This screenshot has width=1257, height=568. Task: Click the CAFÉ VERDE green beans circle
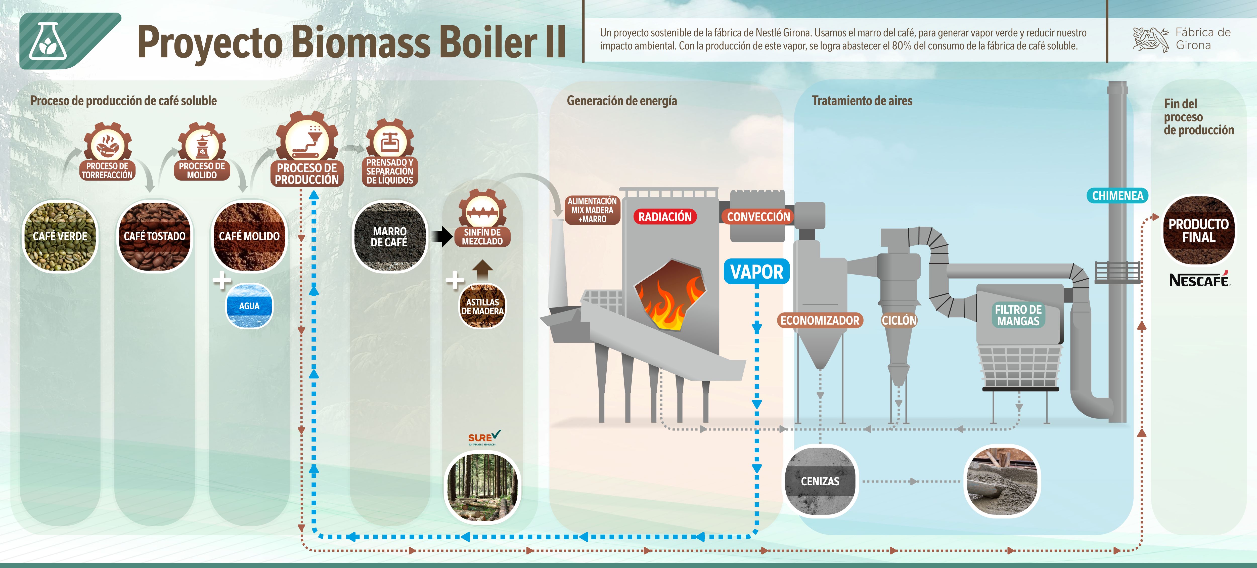[x=60, y=236]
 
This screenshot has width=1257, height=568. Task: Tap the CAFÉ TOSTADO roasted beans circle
[x=155, y=236]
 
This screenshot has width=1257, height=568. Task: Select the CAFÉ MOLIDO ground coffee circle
[x=249, y=236]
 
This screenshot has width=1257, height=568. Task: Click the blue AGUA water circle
[x=249, y=306]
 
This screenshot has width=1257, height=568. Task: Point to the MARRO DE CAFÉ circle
[x=389, y=236]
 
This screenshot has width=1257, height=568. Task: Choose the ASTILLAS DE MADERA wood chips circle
[x=483, y=307]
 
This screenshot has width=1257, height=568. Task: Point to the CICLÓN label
[x=899, y=321]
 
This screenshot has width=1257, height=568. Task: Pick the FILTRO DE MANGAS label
[x=1018, y=315]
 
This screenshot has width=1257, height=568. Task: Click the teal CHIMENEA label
[x=1117, y=196]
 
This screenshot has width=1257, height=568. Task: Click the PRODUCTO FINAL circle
[x=1198, y=230]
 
